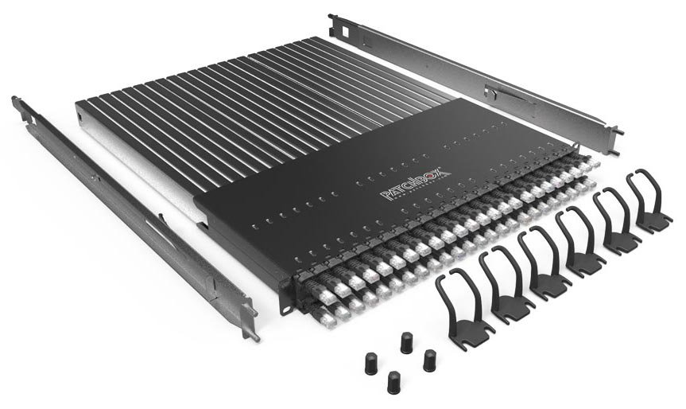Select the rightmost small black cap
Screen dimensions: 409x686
click(429, 359)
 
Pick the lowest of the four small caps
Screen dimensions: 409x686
click(393, 382)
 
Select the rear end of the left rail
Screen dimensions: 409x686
click(17, 104)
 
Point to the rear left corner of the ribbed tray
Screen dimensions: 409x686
click(79, 107)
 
